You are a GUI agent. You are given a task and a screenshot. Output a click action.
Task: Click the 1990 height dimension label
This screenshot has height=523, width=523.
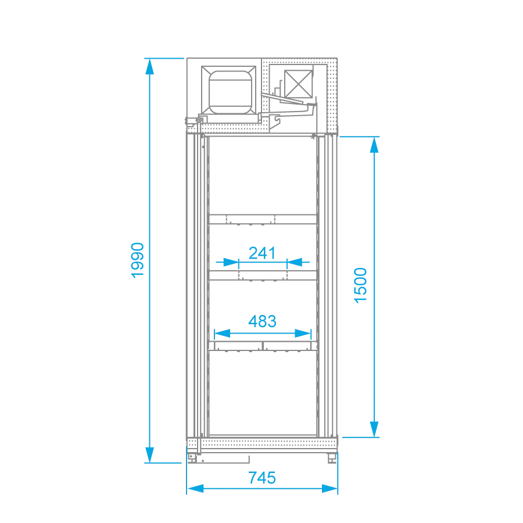[137, 260]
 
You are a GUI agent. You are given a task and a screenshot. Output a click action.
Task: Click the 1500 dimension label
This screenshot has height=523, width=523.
[360, 285]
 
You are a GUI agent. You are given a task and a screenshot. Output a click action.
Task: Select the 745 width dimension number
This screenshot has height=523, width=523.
[262, 478]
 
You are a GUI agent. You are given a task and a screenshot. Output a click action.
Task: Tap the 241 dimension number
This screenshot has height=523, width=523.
[262, 253]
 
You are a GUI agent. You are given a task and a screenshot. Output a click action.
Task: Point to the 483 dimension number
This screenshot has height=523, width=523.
[262, 321]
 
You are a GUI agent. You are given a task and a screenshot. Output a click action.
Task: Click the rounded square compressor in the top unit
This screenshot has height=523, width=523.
[230, 92]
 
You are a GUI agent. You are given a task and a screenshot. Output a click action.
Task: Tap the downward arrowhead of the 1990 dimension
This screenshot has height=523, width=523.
[149, 454]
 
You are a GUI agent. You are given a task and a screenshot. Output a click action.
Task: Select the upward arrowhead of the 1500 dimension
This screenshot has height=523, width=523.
[374, 145]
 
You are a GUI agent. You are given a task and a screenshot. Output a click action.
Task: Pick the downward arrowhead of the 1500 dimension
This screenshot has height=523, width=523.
[374, 429]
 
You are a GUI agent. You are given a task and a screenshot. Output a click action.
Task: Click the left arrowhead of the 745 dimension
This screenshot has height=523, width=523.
[195, 489]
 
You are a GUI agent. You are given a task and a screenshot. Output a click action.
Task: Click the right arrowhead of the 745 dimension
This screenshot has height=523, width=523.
[329, 489]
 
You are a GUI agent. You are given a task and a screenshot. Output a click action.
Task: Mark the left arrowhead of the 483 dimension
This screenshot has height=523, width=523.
[222, 333]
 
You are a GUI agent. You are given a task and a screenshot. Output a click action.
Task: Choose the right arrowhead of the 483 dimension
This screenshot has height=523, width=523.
[303, 333]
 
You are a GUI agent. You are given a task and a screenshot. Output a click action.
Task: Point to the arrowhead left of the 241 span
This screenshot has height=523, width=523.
[231, 262]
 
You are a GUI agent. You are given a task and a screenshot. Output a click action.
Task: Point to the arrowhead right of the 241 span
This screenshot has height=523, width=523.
[295, 262]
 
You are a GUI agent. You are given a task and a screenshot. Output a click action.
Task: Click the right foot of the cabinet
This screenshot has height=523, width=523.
[332, 458]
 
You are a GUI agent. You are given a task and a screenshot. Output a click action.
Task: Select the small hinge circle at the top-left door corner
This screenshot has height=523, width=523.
[199, 120]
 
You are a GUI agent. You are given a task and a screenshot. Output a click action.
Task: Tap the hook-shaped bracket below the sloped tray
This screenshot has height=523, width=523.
[274, 122]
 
